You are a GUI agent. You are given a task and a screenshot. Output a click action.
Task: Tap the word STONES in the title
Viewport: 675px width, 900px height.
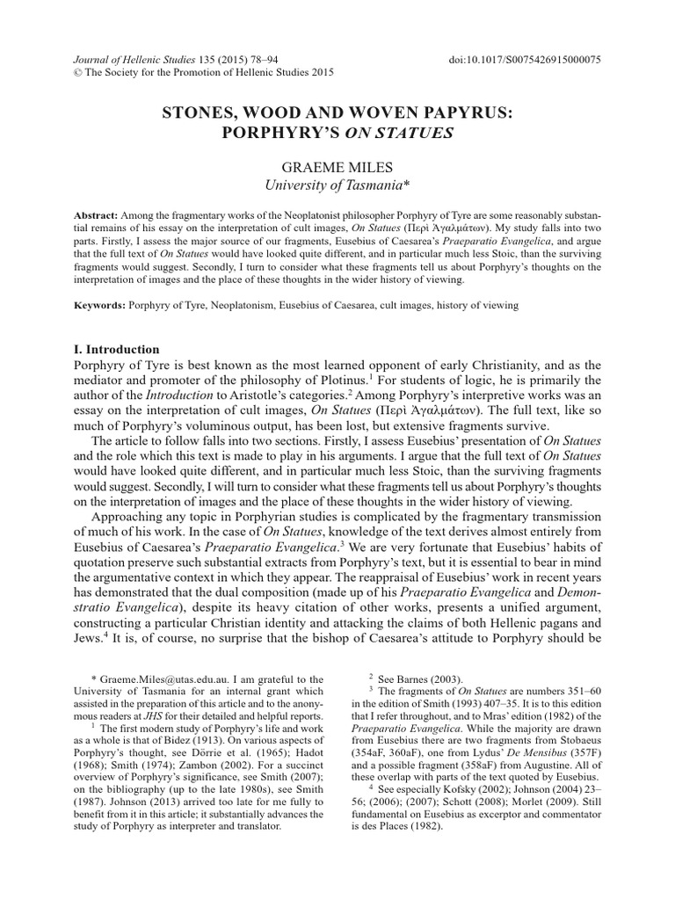(203, 115)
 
